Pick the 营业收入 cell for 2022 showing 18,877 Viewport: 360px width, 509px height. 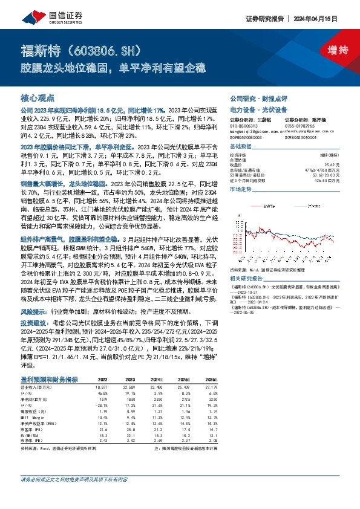point(103,385)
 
